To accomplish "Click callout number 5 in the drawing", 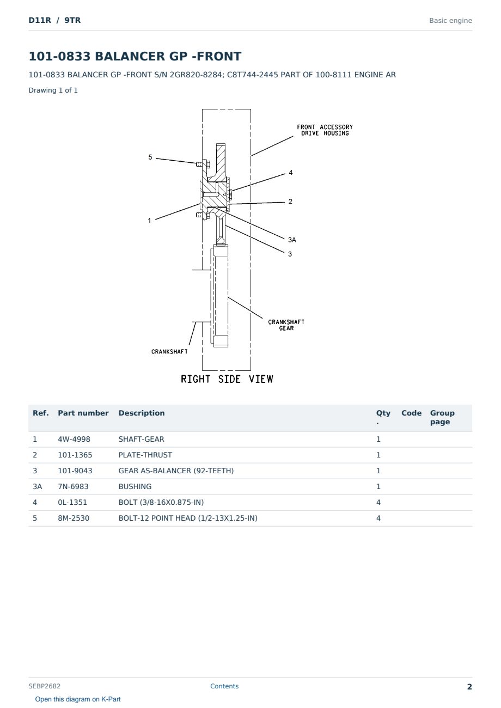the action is (150, 157).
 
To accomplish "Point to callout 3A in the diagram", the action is (292, 240).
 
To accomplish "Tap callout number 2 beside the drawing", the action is (290, 202).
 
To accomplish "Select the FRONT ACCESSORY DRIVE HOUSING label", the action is (325, 130).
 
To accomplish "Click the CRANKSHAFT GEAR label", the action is (286, 325).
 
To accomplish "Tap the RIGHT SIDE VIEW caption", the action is (227, 379).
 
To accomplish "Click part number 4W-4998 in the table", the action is (74, 439).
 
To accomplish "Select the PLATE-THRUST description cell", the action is (145, 455).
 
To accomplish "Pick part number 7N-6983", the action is (73, 486).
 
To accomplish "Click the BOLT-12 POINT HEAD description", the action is (188, 518).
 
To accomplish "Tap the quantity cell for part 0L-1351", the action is (378, 502).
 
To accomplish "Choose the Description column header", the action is (142, 413).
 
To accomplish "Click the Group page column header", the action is (442, 417).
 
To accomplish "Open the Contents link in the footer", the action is (224, 686).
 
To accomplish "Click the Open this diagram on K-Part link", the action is (78, 699).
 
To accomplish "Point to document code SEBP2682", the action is (44, 686).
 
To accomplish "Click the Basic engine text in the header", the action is (450, 21).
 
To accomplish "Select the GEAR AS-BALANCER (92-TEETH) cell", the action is (176, 471).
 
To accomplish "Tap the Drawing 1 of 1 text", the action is (53, 90).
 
